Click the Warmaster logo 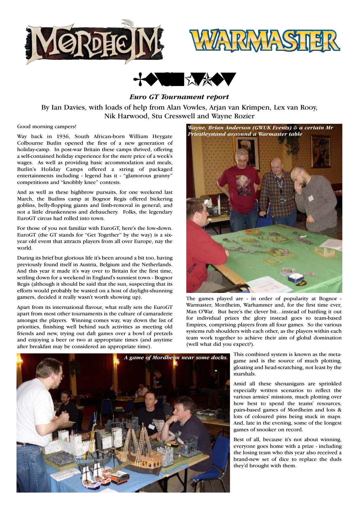[x=264, y=42]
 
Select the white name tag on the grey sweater [x=311, y=198]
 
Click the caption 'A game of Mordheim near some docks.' [x=176, y=358]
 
